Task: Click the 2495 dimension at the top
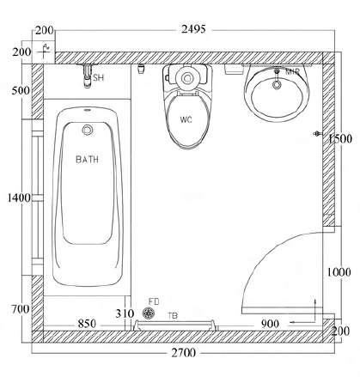coord(193,29)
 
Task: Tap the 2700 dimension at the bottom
coord(184,352)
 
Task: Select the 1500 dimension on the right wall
coord(340,139)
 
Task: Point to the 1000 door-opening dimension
coord(339,272)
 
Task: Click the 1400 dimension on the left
coord(19,198)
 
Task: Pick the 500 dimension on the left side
coord(21,90)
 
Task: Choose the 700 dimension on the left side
coord(21,309)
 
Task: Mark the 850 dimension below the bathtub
coord(87,324)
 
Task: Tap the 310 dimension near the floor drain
coord(125,313)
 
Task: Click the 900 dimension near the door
coord(270,324)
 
